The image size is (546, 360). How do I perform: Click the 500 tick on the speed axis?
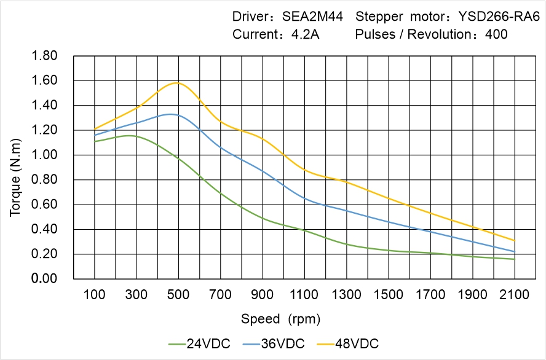click(x=178, y=295)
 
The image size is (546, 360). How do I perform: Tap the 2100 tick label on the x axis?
click(x=515, y=295)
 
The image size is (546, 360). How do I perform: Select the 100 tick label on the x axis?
click(x=94, y=295)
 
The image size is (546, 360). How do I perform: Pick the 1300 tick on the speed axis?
click(x=346, y=295)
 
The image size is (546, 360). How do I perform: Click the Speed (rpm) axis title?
click(x=280, y=319)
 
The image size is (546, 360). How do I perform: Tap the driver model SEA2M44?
click(x=312, y=16)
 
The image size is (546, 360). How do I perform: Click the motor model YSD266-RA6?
click(x=495, y=16)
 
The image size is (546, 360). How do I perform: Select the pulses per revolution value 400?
click(x=496, y=34)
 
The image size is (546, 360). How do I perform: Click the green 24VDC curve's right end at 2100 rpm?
click(x=515, y=259)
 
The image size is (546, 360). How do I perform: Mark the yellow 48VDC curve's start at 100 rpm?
click(x=94, y=129)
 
